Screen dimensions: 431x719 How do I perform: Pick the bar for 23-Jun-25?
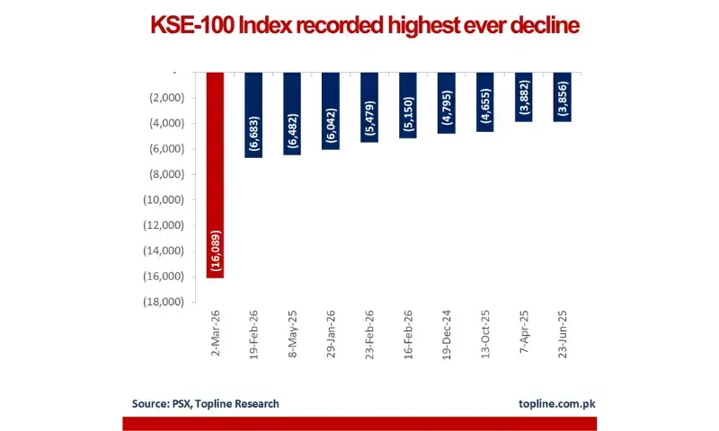563,97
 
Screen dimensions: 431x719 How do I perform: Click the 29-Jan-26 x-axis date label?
332,335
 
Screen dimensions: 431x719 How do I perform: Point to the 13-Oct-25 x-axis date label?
486,335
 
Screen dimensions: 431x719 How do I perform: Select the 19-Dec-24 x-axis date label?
448,335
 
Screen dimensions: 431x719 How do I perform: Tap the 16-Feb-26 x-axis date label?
409,335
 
